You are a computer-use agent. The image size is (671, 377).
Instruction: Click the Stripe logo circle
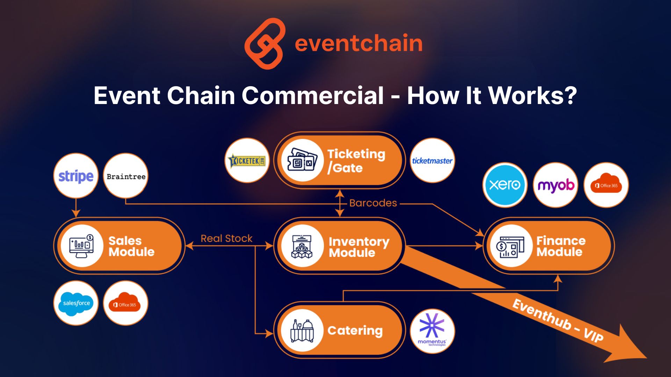[x=76, y=176]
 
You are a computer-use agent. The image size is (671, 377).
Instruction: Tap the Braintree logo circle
[x=126, y=176]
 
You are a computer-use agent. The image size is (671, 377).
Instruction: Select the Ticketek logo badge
[x=247, y=161]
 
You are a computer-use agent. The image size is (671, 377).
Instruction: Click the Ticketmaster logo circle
[x=432, y=161]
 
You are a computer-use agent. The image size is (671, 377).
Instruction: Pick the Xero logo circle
[x=505, y=185]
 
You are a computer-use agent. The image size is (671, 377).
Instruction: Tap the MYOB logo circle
[x=556, y=185]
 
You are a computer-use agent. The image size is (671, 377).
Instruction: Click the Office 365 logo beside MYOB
[x=606, y=185]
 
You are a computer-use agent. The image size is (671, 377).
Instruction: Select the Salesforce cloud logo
[x=76, y=303]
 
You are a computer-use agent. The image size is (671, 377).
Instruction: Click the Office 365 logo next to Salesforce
[x=125, y=303]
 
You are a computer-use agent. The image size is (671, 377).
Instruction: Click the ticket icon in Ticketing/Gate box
[x=302, y=161]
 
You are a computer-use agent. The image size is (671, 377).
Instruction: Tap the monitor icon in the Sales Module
[x=82, y=246]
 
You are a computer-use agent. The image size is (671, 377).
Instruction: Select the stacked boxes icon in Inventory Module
[x=302, y=246]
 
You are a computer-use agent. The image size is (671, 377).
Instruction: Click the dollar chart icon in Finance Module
[x=511, y=246]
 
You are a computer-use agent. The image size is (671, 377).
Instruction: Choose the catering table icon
[x=302, y=331]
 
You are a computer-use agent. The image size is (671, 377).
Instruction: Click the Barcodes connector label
[x=373, y=203]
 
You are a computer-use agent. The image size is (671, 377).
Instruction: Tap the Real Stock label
[x=226, y=239]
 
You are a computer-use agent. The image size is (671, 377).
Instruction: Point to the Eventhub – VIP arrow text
[x=558, y=320]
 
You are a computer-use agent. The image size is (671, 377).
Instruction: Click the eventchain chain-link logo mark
[x=265, y=44]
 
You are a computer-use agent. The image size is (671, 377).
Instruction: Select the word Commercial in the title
[x=313, y=96]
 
